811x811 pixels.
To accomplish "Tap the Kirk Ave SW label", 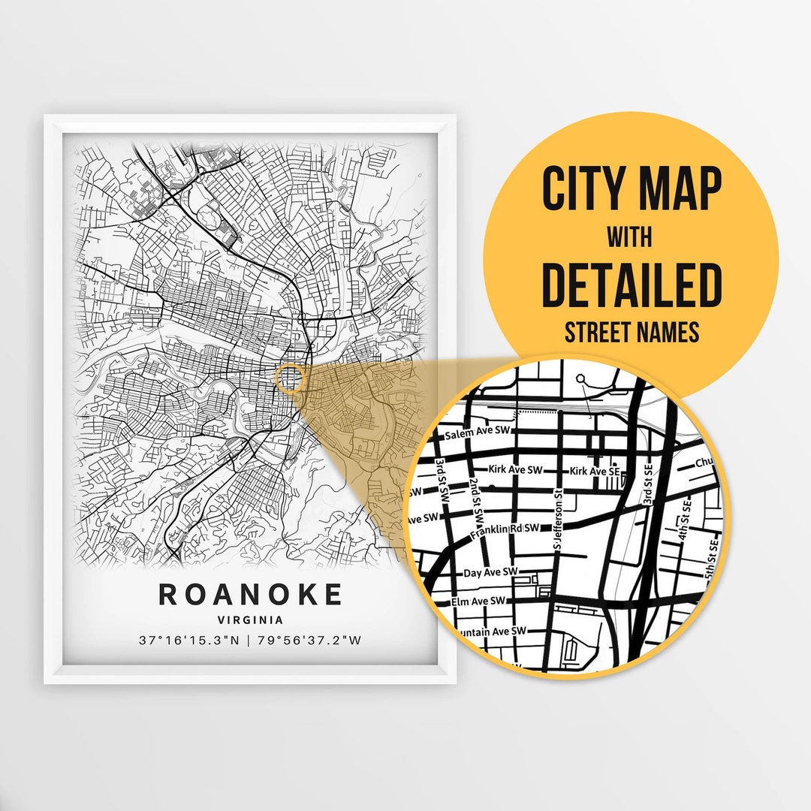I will point(515,469).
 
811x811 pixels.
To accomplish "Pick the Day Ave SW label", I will point(491,572).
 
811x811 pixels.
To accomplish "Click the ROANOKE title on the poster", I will point(250,594).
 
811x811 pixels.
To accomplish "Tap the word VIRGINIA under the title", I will point(250,620).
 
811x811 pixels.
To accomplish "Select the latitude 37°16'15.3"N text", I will point(188,641).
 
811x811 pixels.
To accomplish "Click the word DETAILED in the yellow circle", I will point(631,285).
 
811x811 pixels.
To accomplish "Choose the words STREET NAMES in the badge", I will point(631,332).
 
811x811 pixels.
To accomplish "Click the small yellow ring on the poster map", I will point(290,378).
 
